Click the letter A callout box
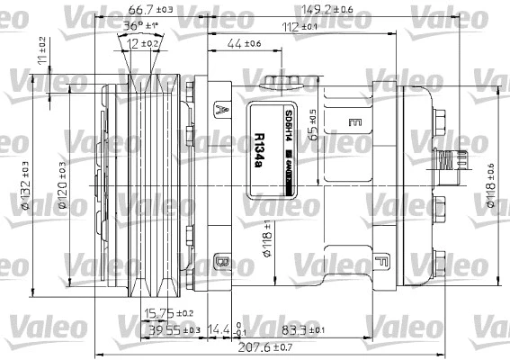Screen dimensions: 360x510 click(220, 111)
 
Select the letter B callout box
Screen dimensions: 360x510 click(220, 264)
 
